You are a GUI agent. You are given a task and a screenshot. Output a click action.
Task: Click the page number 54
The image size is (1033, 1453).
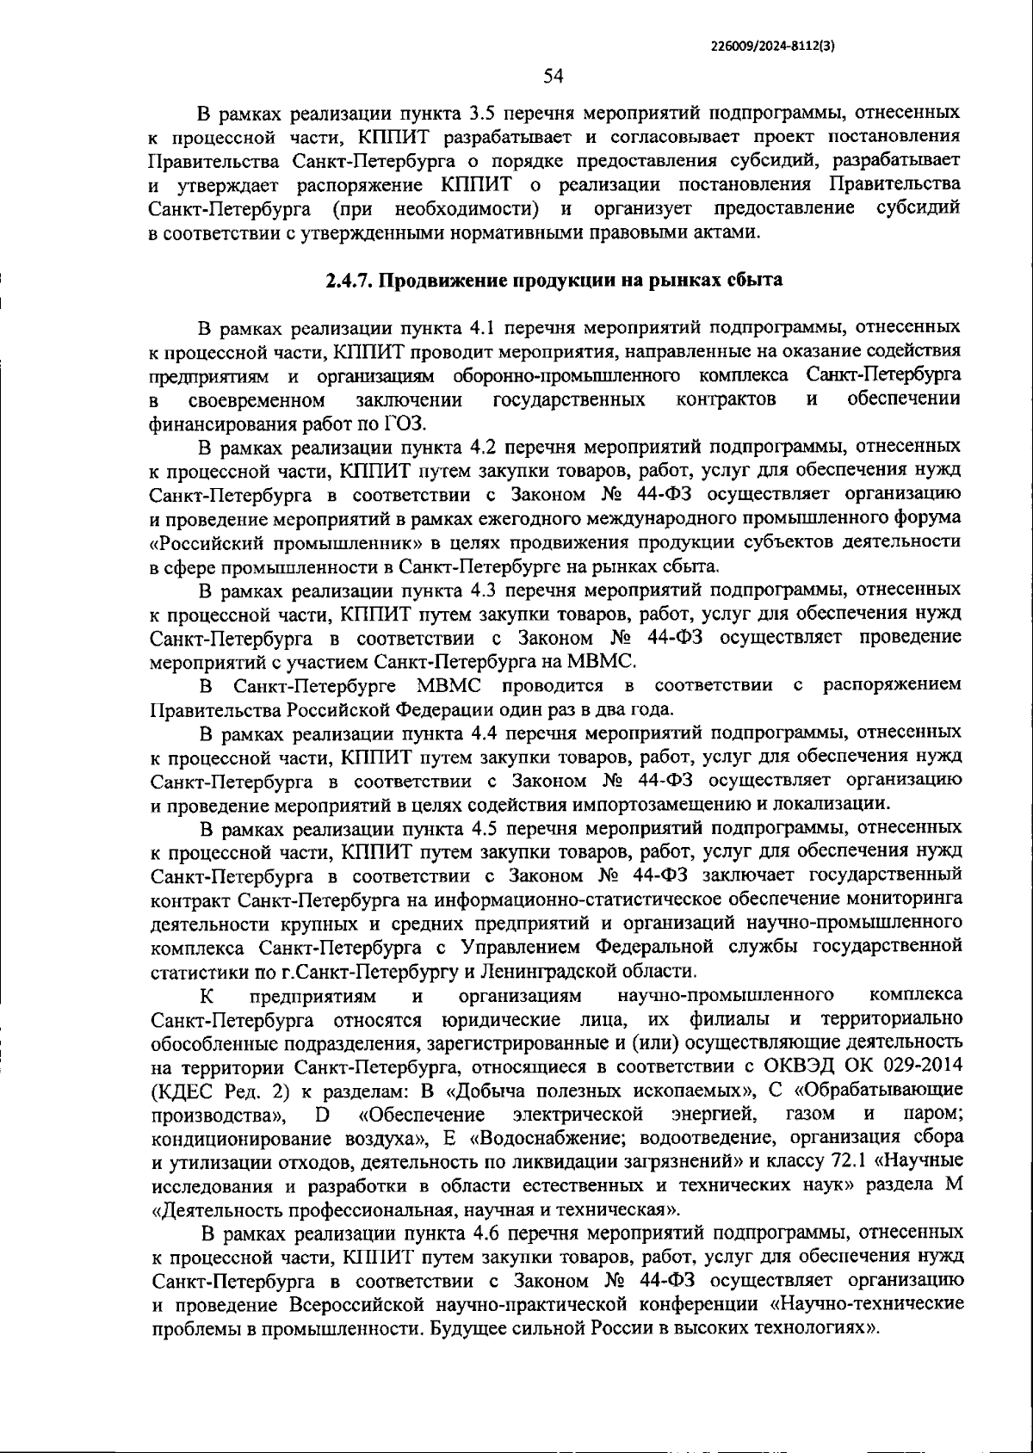point(553,77)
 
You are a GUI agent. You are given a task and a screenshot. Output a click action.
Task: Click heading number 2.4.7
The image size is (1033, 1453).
point(349,281)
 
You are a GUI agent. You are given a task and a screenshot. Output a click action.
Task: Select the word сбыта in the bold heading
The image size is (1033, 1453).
point(754,281)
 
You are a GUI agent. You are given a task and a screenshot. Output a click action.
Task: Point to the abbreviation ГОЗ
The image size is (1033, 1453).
point(399,424)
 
